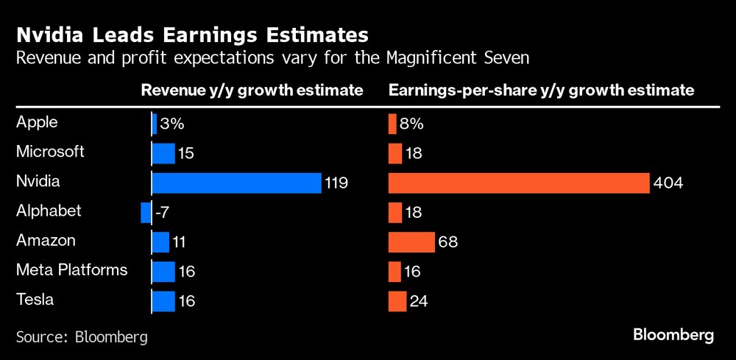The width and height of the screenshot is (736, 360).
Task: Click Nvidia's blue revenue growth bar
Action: (x=236, y=183)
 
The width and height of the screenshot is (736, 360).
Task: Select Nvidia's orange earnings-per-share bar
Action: (x=518, y=183)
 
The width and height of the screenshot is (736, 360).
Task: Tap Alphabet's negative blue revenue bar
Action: (x=145, y=212)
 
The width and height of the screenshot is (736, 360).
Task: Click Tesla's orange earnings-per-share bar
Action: (x=397, y=300)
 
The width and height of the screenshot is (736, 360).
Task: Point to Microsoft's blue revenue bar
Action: (x=163, y=153)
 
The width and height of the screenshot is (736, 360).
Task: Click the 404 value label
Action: (x=668, y=183)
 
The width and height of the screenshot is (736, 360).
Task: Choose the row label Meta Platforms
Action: (x=71, y=269)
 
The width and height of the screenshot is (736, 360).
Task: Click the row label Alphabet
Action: (x=48, y=211)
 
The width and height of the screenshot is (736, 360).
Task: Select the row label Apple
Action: (x=37, y=122)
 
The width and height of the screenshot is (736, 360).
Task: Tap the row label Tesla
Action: (x=35, y=299)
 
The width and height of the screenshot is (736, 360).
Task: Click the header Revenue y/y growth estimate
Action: (x=252, y=91)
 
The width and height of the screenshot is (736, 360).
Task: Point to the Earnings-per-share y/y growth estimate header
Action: (x=541, y=91)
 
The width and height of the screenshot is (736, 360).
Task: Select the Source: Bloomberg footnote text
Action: (x=82, y=337)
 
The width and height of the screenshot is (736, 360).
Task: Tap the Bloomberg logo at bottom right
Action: (x=673, y=335)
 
